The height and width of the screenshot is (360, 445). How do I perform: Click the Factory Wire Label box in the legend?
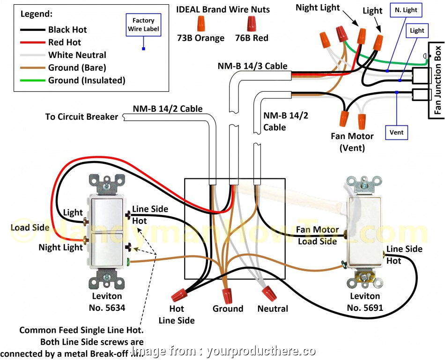143,25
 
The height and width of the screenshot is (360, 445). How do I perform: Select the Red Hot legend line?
32,43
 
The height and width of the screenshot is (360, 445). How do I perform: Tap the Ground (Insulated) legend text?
87,81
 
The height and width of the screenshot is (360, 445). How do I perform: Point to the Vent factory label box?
396,132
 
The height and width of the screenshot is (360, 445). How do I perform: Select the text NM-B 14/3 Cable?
252,66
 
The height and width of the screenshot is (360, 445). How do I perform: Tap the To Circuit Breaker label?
82,117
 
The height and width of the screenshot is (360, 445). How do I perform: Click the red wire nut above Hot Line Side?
178,295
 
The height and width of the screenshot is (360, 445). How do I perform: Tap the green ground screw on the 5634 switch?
128,262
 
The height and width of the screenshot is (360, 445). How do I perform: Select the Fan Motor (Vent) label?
352,142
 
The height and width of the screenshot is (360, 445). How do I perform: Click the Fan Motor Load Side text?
317,235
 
